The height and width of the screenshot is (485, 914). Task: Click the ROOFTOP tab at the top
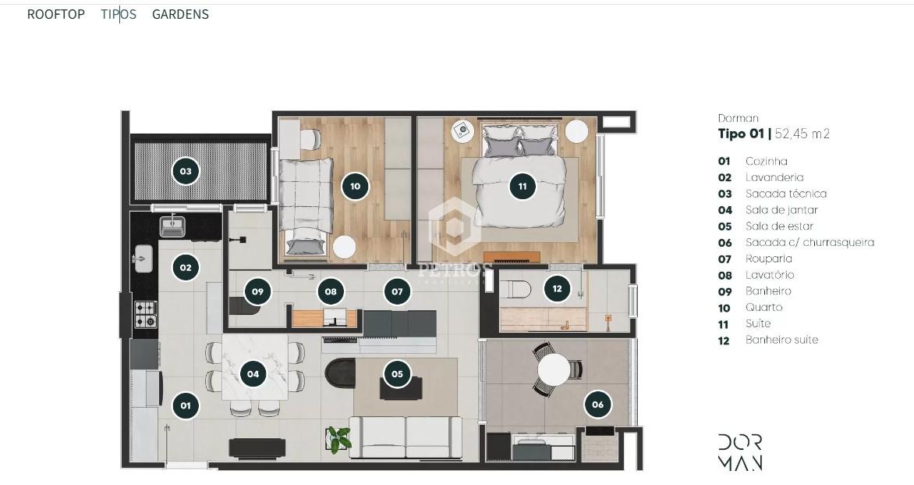point(55,14)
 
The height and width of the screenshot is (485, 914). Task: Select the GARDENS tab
point(180,14)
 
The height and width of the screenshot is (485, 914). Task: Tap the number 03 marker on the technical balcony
point(186,170)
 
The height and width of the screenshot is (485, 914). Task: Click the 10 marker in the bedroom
point(355,186)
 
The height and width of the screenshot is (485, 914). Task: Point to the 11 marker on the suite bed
point(523,186)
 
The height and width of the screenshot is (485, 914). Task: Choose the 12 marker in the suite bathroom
point(556,288)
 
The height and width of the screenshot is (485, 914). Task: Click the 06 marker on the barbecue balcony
point(597,404)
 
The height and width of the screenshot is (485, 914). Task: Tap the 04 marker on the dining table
point(253,373)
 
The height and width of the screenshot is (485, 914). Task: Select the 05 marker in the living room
point(397,373)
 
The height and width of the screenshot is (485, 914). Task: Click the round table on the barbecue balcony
point(554,369)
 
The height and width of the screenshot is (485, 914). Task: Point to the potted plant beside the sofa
point(339,439)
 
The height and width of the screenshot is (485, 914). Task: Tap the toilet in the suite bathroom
point(515,290)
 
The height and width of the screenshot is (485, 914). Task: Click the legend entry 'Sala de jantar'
point(781,210)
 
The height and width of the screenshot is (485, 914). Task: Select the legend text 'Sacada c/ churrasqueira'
point(809,242)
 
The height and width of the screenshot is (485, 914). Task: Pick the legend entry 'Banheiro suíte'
point(781,340)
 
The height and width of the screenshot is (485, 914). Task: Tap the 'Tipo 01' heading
point(741,134)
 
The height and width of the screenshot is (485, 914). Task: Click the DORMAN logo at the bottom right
point(739,451)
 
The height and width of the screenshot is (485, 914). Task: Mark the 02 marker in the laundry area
point(186,267)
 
